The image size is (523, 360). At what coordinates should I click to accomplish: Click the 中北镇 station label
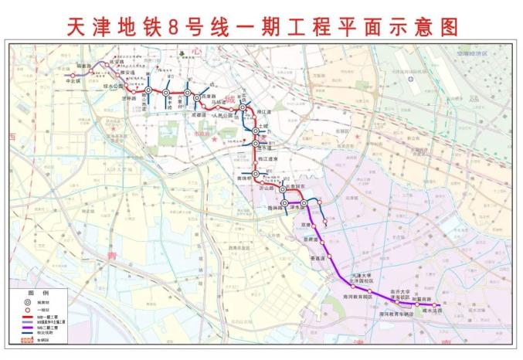pyautogui.click(x=73, y=80)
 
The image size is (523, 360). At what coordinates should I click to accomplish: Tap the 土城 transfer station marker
pyautogui.click(x=255, y=131)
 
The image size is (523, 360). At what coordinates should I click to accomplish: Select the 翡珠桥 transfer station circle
pyautogui.click(x=285, y=203)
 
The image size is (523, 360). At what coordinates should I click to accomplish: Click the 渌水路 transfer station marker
pyautogui.click(x=304, y=203)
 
